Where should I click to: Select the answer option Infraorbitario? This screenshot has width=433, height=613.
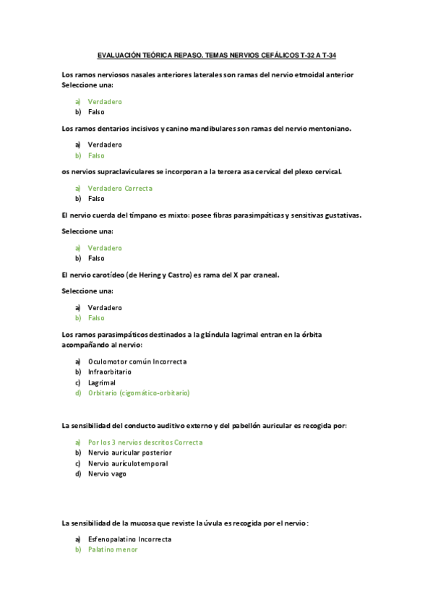pos(110,372)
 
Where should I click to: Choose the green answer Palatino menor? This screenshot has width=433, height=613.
pos(113,549)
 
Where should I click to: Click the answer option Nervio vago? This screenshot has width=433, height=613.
pos(107,474)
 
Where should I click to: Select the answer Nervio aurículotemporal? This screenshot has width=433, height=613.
pos(128,463)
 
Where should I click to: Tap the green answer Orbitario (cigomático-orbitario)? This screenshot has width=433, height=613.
pos(139,393)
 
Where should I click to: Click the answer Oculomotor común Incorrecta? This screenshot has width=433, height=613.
pos(137,361)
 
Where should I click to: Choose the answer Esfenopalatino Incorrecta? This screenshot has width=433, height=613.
pos(130,539)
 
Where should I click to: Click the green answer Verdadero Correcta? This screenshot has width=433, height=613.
pos(120,188)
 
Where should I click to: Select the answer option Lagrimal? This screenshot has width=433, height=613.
pos(102,382)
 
